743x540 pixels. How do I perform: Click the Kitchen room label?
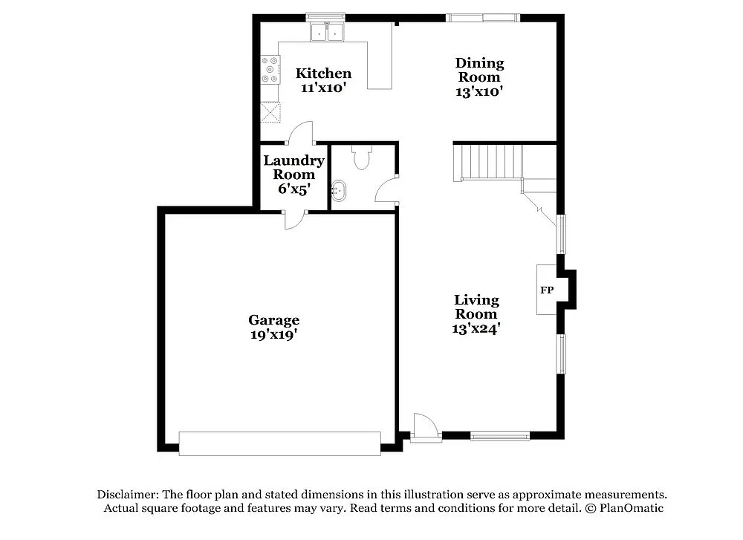(323, 74)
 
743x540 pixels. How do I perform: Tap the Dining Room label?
(479, 70)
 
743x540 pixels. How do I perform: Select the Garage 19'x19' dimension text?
(273, 335)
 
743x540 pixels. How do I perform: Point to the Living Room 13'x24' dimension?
(476, 328)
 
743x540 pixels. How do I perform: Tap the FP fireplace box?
(547, 290)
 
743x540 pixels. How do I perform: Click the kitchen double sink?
(327, 32)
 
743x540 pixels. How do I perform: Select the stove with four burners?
(270, 70)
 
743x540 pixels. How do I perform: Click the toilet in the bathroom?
(362, 158)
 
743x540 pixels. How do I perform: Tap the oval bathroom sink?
(340, 191)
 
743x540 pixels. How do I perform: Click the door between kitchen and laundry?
(301, 133)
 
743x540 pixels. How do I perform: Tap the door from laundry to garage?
(295, 220)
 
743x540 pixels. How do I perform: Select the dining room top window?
(482, 17)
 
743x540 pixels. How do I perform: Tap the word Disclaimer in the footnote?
(126, 494)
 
